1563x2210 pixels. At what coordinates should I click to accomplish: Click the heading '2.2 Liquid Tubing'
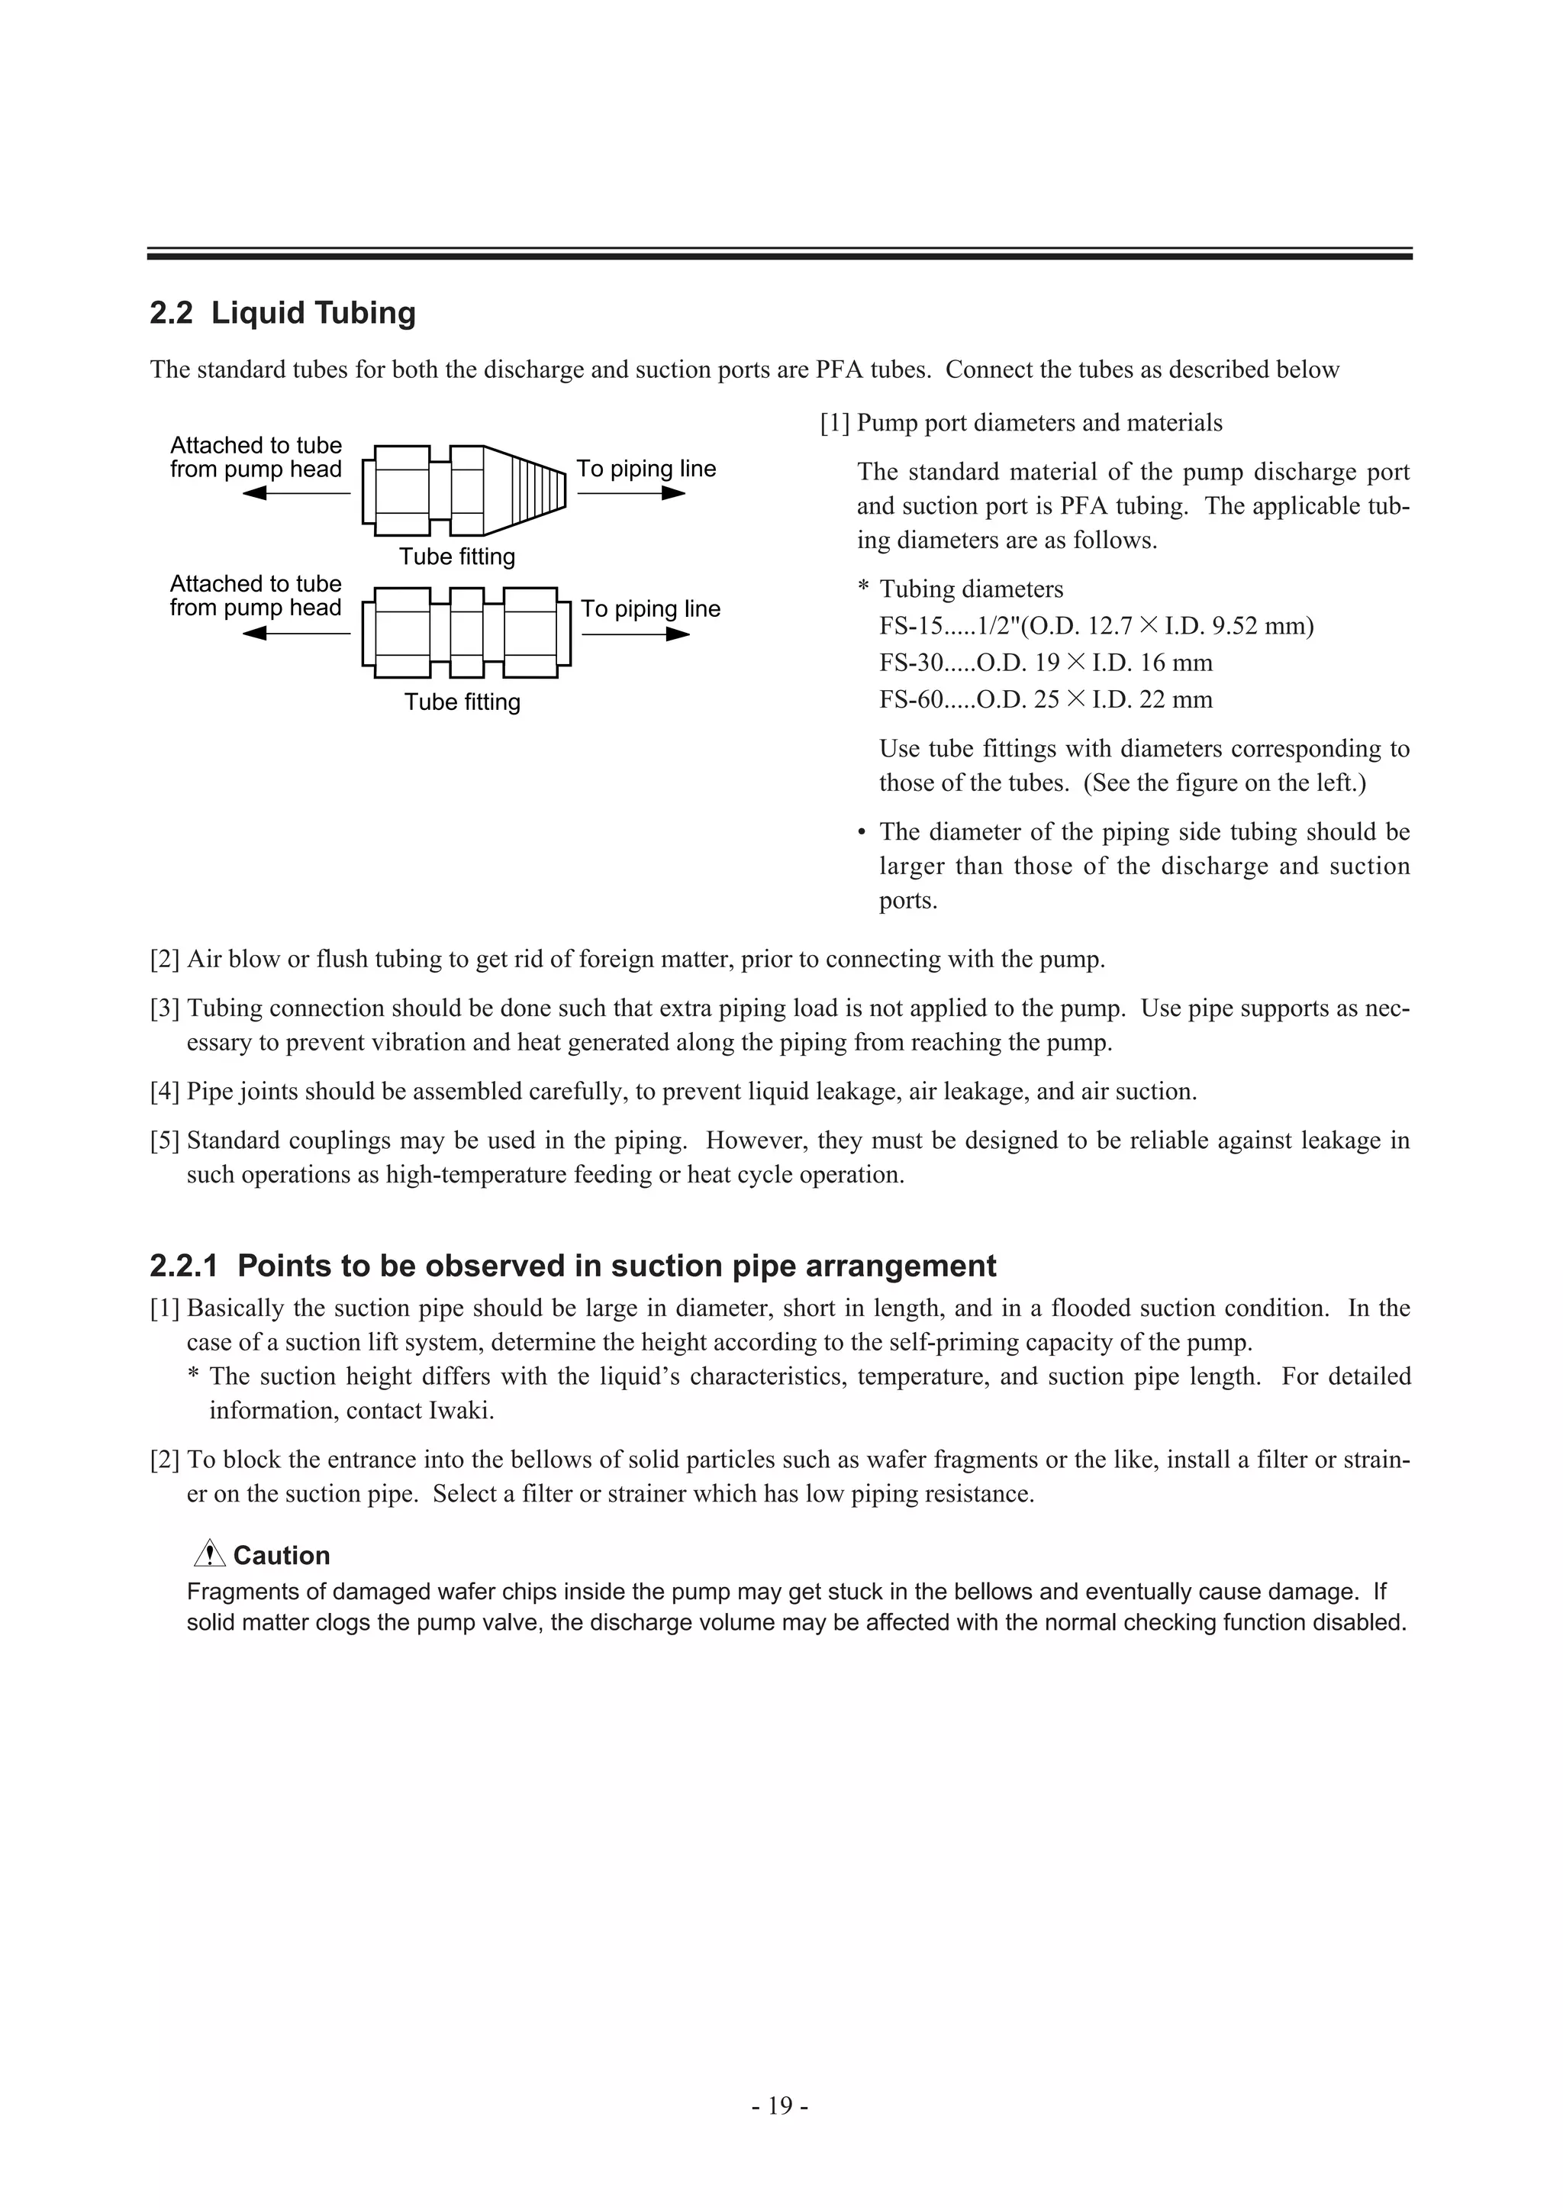tap(283, 313)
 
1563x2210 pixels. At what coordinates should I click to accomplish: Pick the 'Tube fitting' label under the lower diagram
tap(462, 702)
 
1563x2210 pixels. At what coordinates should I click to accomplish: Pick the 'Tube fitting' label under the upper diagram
tap(457, 557)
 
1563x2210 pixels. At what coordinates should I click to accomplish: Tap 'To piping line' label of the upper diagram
tap(646, 469)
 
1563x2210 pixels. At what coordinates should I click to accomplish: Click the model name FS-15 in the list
tap(906, 627)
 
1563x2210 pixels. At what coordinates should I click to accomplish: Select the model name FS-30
tap(906, 663)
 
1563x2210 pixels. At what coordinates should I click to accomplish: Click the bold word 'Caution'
tap(281, 1556)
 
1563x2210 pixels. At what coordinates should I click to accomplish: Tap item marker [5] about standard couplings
tap(165, 1140)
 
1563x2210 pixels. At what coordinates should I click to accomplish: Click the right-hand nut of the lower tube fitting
tap(530, 627)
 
